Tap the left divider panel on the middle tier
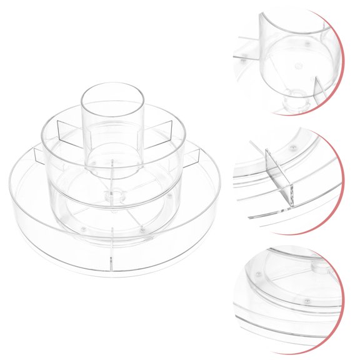click(69, 132)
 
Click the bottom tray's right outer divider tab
click(191, 157)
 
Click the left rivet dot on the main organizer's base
click(83, 229)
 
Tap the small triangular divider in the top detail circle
click(319, 91)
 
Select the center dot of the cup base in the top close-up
click(298, 66)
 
